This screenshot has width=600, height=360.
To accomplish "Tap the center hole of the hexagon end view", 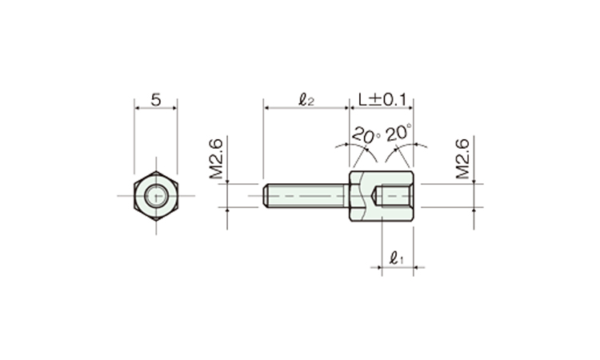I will pos(156,195).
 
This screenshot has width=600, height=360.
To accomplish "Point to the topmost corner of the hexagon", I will pos(156,170).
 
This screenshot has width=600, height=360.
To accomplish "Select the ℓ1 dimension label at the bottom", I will pos(396,258).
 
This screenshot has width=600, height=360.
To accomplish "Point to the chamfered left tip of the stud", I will pos(265,195).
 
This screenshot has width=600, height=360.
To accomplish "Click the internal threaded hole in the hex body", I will pos(396,195).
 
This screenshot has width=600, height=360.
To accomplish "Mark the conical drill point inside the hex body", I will pos(376,195).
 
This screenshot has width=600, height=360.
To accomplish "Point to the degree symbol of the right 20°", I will pos(410,127).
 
